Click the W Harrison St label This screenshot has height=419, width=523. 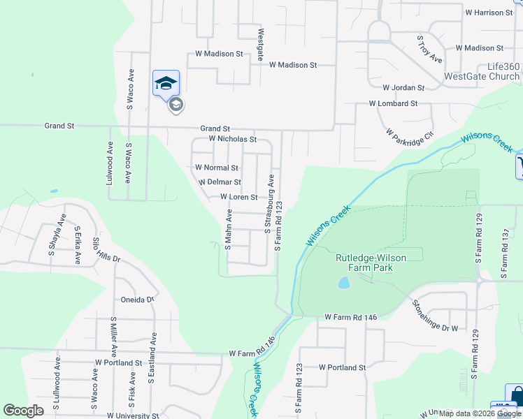tap(489, 13)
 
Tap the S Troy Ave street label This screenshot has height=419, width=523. tap(429, 50)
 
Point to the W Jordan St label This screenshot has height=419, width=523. tap(403, 88)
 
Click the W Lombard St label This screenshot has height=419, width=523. tap(394, 103)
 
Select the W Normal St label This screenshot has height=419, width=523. tap(217, 168)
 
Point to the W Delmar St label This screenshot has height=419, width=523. tap(220, 182)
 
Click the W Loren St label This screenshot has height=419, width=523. tap(239, 197)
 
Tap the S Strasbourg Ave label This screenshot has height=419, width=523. tap(268, 204)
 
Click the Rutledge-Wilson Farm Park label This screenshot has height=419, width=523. tap(371, 262)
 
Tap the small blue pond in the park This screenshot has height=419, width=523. tap(343, 283)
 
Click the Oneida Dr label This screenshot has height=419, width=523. tap(137, 300)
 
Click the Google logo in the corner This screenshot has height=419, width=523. tap(24, 411)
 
